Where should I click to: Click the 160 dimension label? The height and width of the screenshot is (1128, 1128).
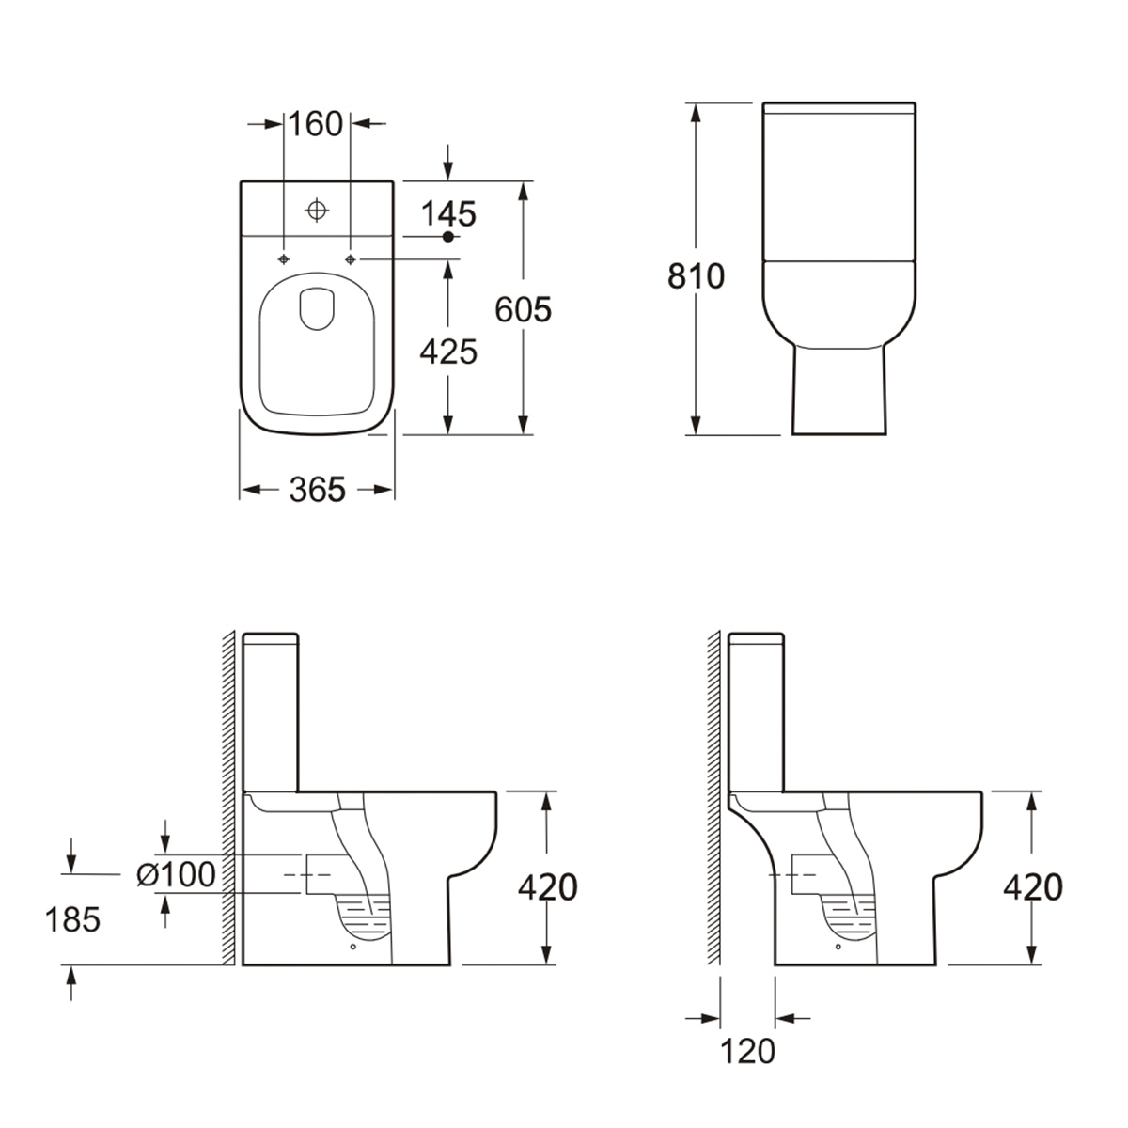point(316,124)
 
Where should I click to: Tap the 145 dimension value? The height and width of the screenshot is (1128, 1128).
point(448,213)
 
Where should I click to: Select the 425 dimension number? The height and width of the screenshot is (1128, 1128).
point(448,351)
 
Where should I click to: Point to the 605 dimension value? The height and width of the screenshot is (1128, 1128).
point(524,309)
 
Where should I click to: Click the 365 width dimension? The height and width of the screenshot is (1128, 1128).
point(317,489)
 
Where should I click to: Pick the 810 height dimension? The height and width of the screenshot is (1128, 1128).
point(697,276)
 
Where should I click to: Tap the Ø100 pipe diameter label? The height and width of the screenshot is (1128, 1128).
point(176,874)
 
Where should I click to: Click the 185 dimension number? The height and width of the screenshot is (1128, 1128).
point(72,919)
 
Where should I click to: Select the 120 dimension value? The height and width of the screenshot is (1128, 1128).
point(748,1051)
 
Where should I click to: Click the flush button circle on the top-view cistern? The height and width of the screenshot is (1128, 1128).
point(318,210)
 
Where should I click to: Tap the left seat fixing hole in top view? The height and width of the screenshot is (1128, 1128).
point(284,258)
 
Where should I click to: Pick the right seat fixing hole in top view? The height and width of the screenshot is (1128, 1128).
point(351,258)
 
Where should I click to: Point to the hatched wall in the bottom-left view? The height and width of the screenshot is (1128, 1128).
point(227,799)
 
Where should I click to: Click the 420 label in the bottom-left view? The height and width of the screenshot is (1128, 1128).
point(548,886)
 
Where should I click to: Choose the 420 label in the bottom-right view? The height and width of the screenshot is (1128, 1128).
point(1033,886)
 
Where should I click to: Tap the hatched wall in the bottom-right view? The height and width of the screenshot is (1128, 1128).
point(713,799)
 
